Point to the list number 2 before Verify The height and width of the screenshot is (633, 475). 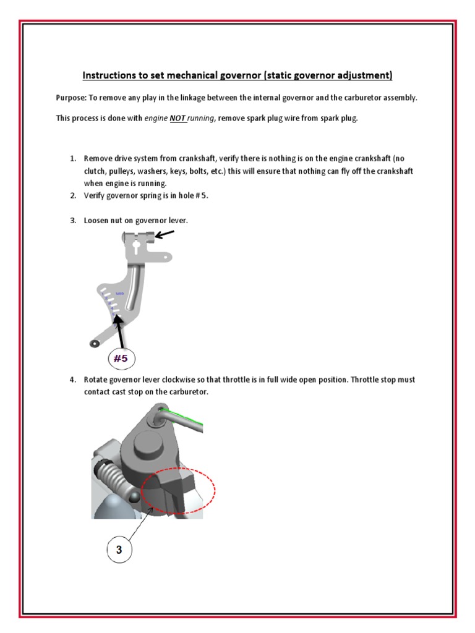click(72, 196)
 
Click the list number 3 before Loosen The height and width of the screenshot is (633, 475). click(72, 221)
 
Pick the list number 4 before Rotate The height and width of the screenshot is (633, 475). click(72, 380)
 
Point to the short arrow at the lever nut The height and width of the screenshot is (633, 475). click(165, 235)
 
